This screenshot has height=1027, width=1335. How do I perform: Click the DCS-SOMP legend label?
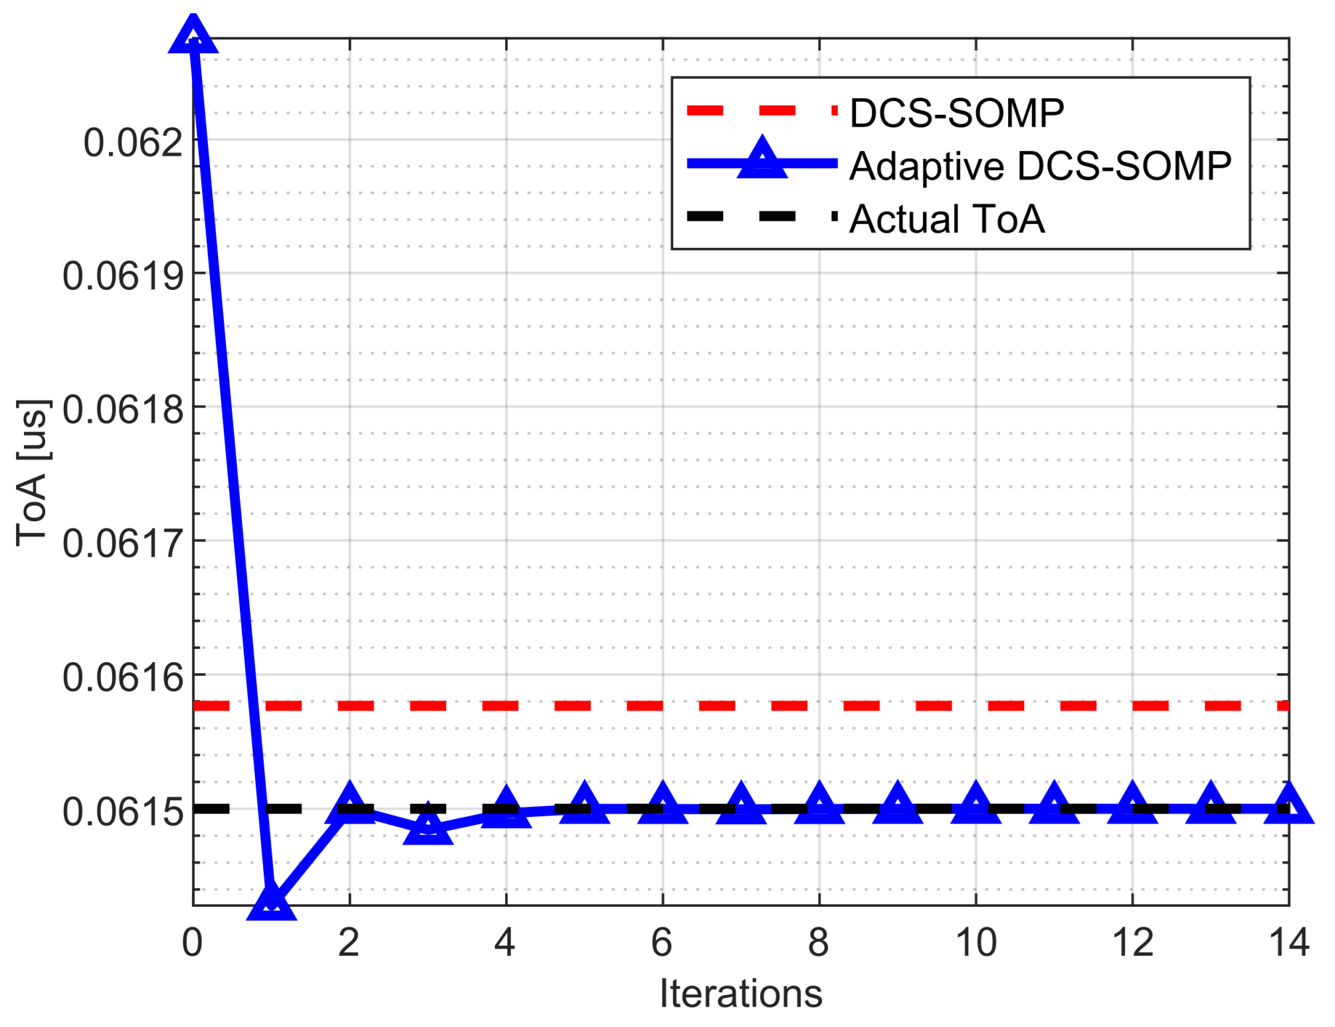pos(956,113)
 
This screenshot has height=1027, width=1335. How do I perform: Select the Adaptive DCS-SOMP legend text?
pos(1040,166)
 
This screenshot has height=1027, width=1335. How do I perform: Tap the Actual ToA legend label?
pos(946,219)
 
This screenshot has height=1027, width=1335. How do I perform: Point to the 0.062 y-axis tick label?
pos(133,142)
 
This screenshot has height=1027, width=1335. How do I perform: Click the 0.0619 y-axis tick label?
pos(123,276)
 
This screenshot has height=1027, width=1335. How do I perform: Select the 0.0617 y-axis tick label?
pos(123,543)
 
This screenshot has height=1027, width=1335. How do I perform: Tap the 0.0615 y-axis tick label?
pos(123,812)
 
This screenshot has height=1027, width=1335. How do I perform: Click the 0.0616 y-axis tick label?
pos(123,678)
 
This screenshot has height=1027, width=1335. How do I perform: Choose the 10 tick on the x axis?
pos(976,943)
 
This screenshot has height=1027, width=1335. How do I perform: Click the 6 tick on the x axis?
pos(662,943)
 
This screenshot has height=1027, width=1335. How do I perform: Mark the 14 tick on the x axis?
pos(1288,943)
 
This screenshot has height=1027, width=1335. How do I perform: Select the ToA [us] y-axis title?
pos(32,473)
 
